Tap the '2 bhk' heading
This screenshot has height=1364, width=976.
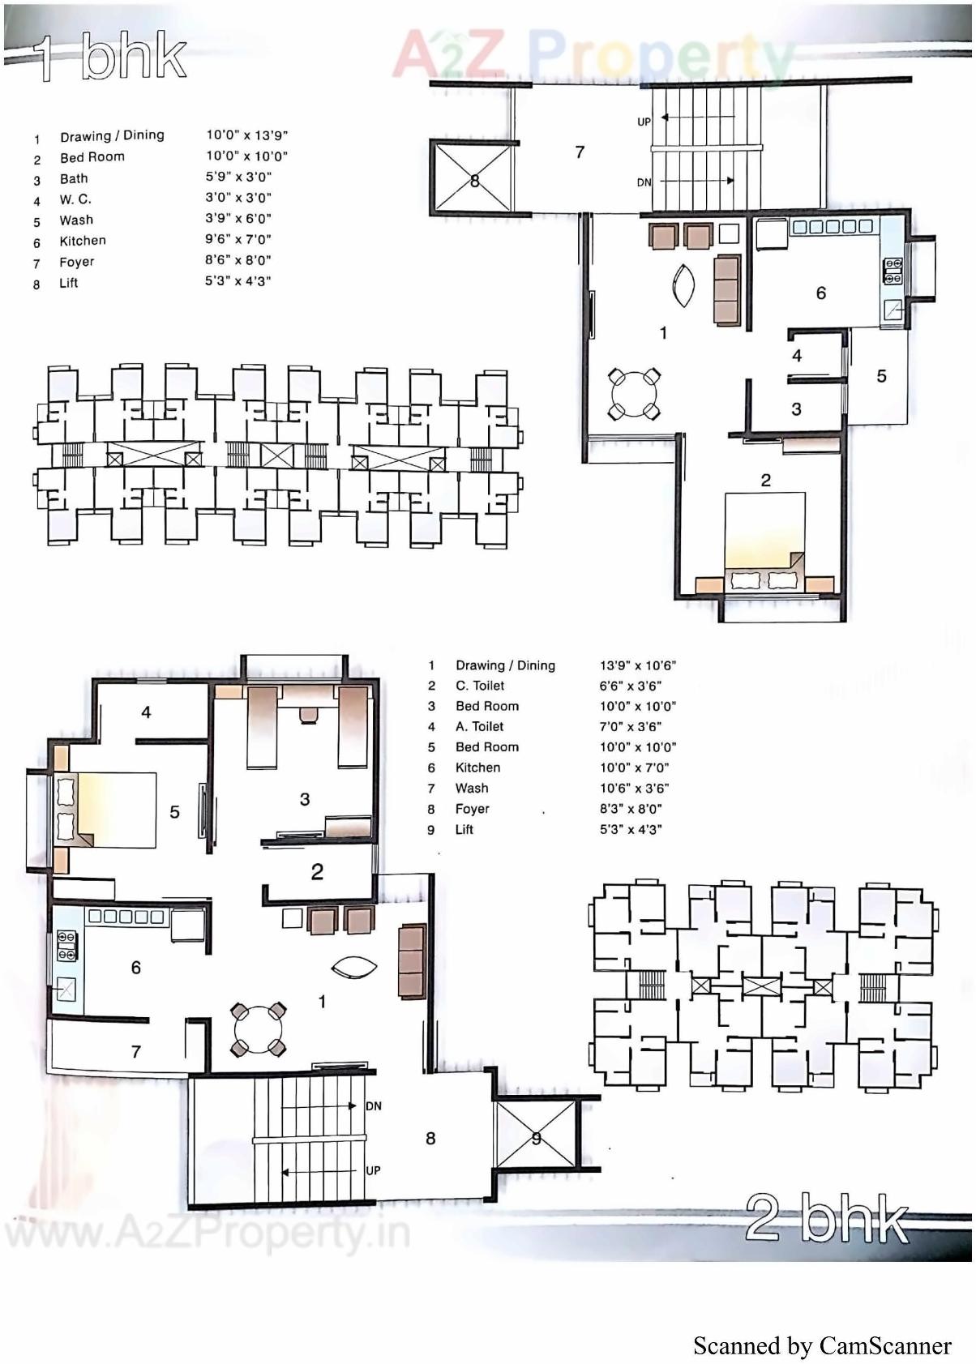(827, 1217)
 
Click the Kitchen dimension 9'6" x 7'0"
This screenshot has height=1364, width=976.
(238, 239)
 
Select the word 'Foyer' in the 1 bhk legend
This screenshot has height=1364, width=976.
(76, 262)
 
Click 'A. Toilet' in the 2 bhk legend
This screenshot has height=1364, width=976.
(479, 727)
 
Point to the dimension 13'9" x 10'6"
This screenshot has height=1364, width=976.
(637, 665)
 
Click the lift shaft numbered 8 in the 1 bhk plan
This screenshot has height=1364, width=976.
(474, 180)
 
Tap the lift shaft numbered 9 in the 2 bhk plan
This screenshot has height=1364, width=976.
(536, 1138)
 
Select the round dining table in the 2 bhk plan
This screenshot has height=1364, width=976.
(259, 1030)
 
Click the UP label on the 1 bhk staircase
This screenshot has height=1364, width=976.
(644, 122)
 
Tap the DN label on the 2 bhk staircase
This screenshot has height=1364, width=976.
(373, 1106)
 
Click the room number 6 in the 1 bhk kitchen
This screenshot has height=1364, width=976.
(820, 293)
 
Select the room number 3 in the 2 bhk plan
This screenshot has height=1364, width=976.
(305, 799)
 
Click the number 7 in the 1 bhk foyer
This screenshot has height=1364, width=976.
(580, 152)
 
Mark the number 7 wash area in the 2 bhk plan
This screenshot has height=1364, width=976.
(135, 1052)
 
